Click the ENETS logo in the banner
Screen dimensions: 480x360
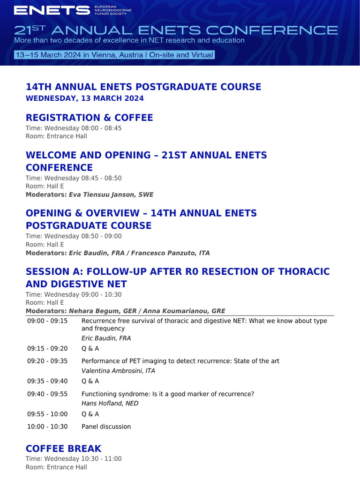(x=52, y=10)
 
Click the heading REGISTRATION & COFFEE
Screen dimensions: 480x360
(x=89, y=118)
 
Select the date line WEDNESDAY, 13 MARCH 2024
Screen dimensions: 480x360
(x=84, y=98)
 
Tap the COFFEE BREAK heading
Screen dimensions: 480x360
(x=63, y=449)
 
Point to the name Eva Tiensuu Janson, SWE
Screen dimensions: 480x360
(x=111, y=195)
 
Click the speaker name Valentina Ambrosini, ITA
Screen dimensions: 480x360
(x=118, y=371)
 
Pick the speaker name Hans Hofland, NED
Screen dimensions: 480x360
(x=110, y=403)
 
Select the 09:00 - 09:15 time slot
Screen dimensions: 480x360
(x=47, y=321)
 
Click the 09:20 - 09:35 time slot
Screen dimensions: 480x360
(x=47, y=361)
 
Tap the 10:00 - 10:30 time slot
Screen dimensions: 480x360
(x=47, y=427)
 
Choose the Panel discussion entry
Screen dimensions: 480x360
(x=106, y=427)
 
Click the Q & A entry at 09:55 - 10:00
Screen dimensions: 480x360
(x=90, y=414)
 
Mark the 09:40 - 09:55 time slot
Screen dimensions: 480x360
(x=47, y=394)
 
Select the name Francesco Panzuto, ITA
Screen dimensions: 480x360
(x=171, y=253)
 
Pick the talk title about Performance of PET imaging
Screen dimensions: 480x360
(x=180, y=361)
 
